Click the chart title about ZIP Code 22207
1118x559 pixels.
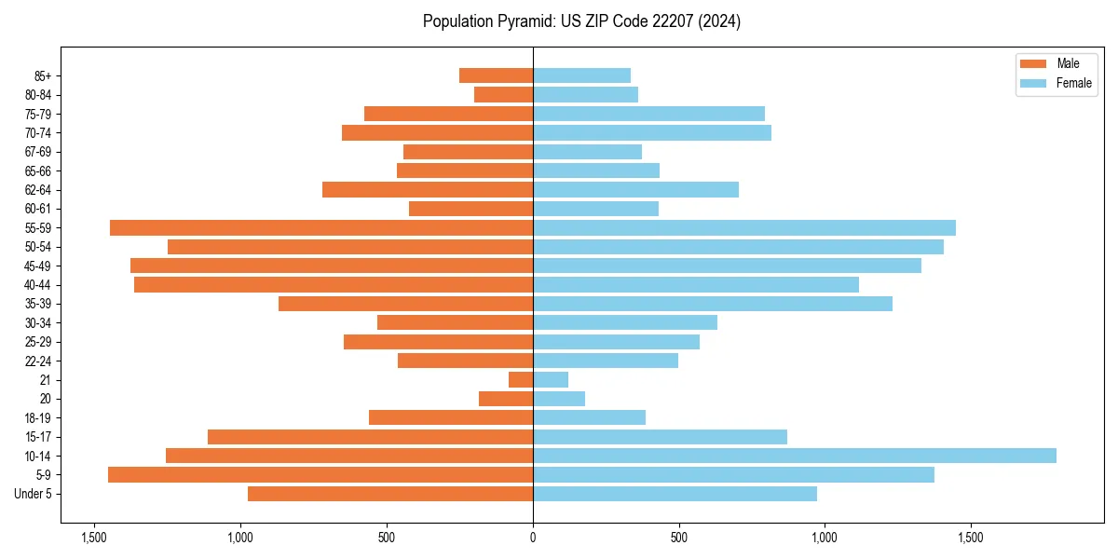pos(581,21)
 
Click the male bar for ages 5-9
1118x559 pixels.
pos(320,474)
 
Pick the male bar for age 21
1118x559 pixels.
pos(521,379)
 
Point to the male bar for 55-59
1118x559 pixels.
pos(321,227)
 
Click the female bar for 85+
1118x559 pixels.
pos(581,75)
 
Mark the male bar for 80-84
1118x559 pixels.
pos(503,94)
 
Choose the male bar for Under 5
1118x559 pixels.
pos(390,494)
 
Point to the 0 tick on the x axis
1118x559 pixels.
pos(533,538)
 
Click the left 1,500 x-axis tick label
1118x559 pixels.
pos(94,538)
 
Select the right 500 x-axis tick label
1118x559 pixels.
pos(679,538)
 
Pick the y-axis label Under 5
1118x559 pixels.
pos(34,494)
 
